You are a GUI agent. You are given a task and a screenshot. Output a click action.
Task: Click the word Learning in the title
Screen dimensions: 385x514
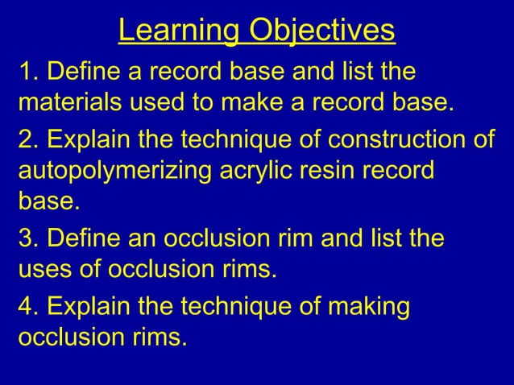click(179, 31)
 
